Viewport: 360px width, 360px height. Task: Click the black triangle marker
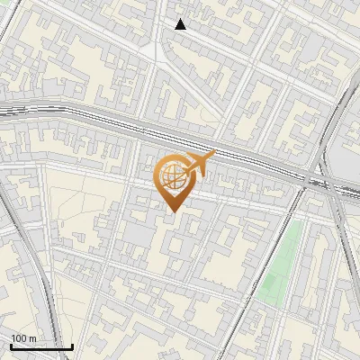click(181, 24)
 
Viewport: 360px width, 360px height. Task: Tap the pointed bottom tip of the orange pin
click(171, 211)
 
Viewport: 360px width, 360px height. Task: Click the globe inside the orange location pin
click(170, 176)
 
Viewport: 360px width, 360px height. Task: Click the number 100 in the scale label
click(19, 338)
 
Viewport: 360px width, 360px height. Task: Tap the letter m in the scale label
click(32, 338)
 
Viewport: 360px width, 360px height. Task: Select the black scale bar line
click(40, 346)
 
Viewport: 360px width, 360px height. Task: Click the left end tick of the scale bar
click(10, 346)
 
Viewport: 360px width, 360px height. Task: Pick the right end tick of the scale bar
click(72, 346)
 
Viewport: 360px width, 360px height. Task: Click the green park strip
click(280, 261)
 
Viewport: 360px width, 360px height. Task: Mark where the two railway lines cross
click(324, 180)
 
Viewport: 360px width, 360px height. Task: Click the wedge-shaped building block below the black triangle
click(193, 67)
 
